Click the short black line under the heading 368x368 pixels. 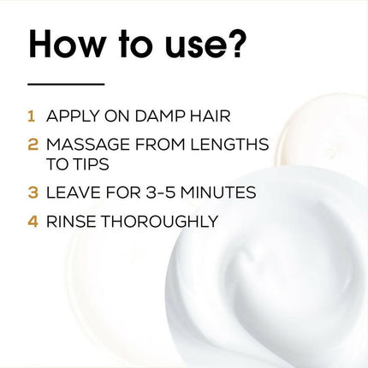66,84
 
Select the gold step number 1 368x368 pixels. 32,115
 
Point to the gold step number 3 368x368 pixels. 32,193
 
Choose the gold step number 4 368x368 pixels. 32,222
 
